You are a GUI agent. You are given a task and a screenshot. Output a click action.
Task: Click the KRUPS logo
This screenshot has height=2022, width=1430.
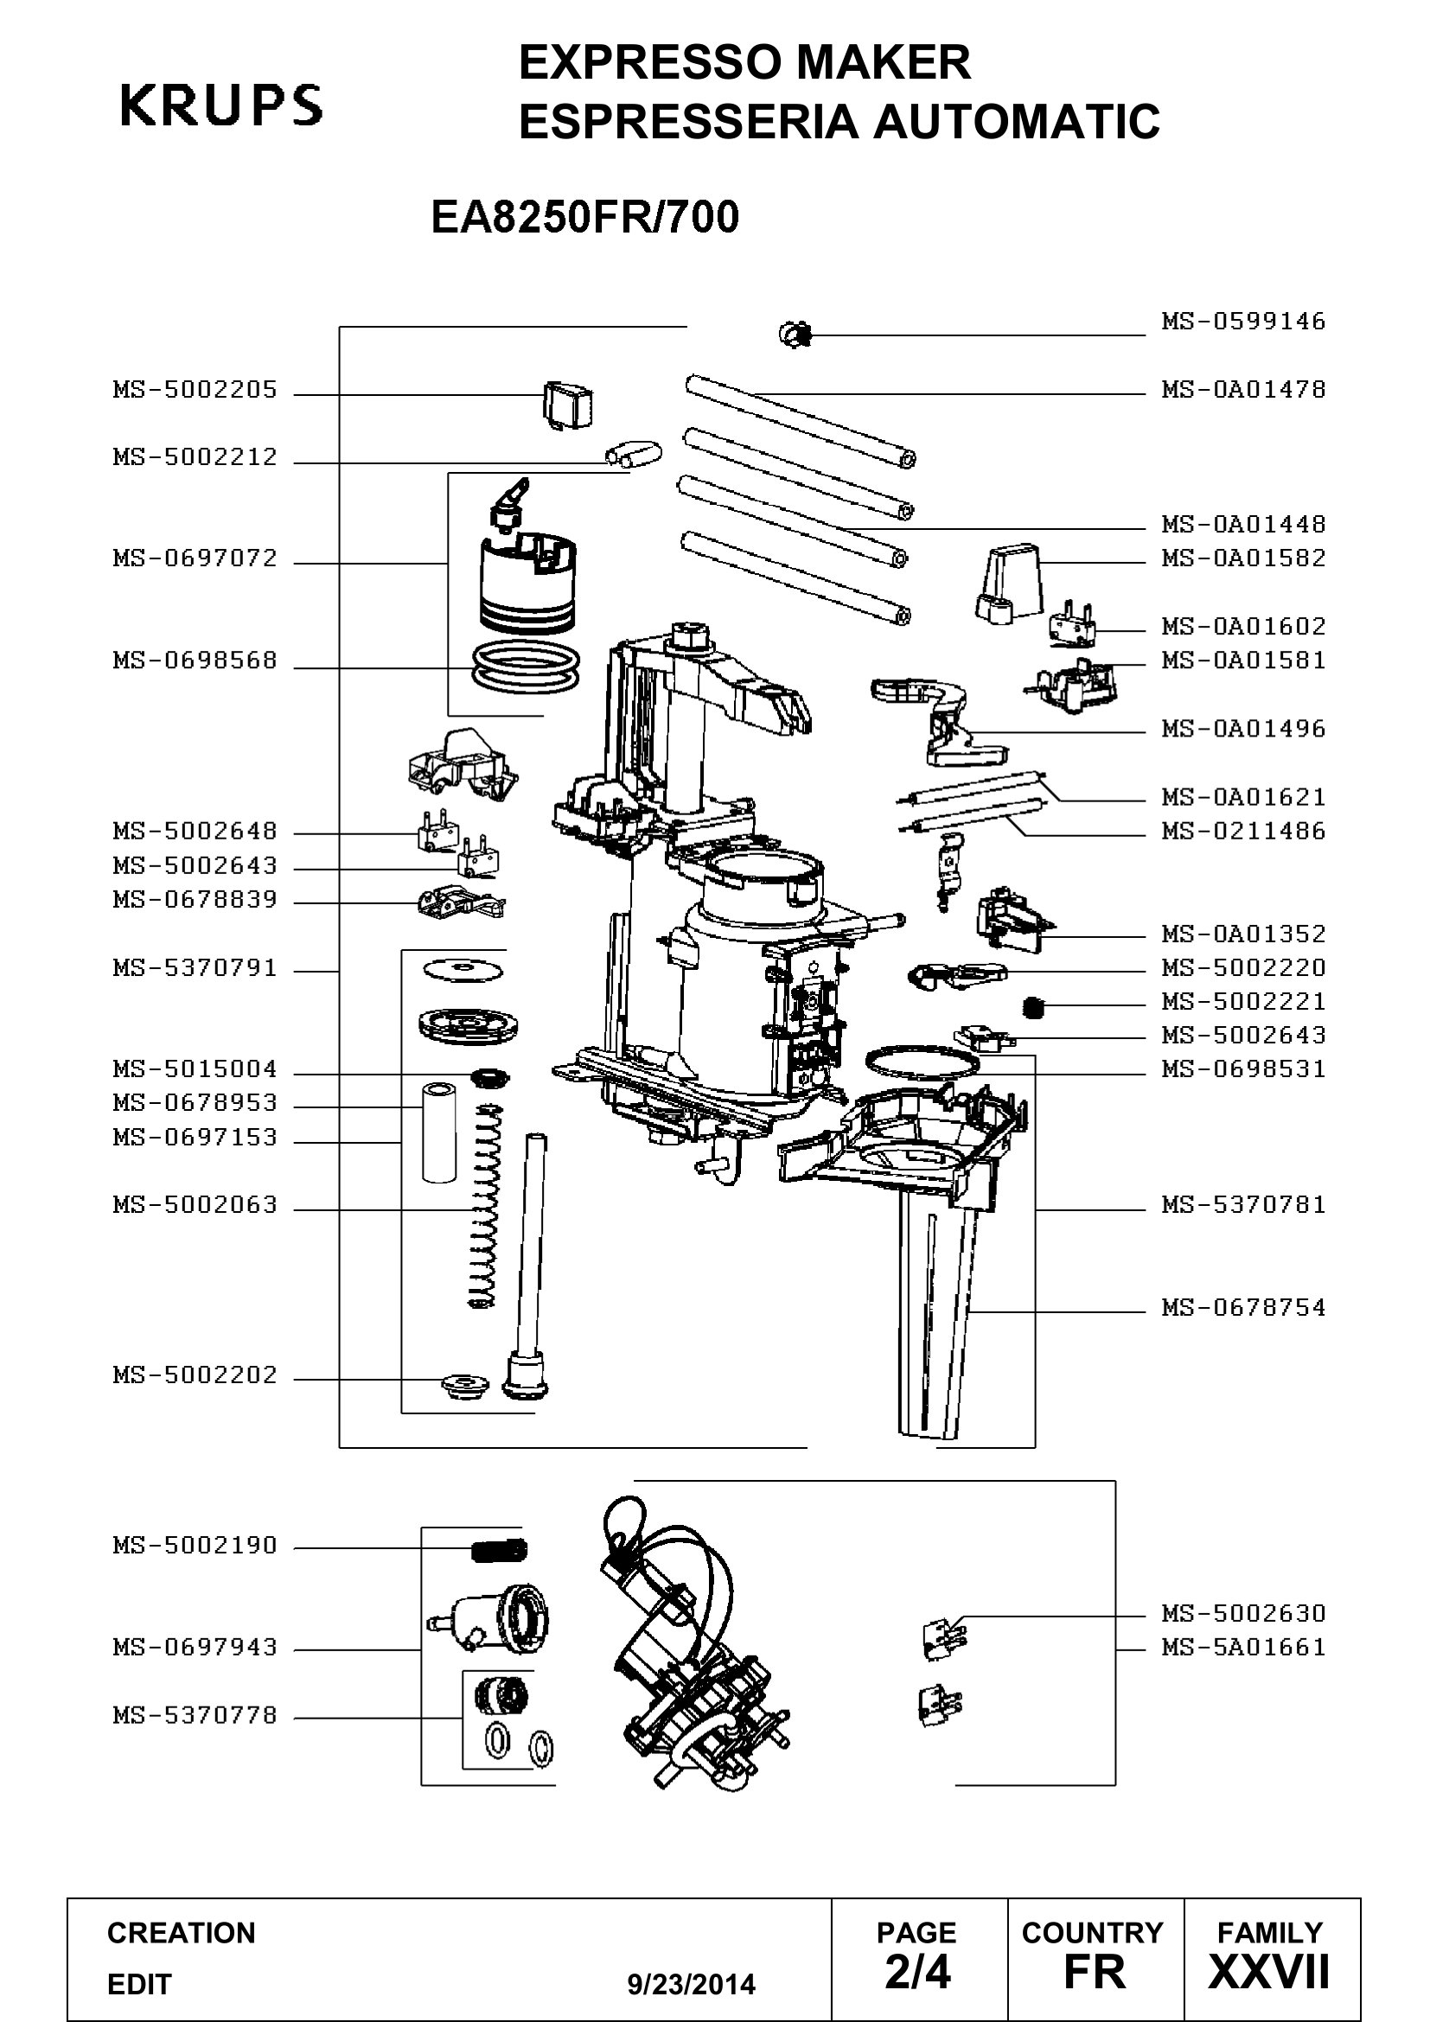221,105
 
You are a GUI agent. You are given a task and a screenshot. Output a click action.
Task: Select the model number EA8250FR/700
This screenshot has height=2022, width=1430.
584,217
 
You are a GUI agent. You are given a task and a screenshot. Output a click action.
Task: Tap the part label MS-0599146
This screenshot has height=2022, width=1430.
1243,321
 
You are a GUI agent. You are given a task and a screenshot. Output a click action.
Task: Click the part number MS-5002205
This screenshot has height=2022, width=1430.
195,389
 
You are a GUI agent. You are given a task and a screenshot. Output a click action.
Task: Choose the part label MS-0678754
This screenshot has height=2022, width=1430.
1243,1307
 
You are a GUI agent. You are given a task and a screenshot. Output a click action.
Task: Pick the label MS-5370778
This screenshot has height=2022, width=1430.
195,1715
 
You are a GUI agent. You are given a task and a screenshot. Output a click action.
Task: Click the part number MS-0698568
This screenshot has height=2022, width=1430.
195,660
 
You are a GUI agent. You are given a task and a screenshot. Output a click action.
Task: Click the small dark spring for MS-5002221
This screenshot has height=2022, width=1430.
1035,1005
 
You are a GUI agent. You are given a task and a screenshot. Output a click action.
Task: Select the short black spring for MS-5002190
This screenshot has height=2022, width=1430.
499,1549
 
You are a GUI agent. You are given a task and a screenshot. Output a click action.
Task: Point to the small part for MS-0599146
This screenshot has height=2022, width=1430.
795,334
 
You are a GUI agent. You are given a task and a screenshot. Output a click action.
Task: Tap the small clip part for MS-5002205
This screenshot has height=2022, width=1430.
568,406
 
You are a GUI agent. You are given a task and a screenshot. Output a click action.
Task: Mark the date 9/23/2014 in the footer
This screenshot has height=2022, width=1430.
692,1985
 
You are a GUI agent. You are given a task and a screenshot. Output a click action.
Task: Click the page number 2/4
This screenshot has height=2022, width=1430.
917,1973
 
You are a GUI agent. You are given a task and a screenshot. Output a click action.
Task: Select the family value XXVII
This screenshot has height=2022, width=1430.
1269,1973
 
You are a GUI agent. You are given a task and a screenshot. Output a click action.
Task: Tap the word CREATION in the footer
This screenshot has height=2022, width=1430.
182,1933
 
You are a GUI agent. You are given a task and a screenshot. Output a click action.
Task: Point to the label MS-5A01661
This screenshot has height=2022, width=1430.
1243,1647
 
